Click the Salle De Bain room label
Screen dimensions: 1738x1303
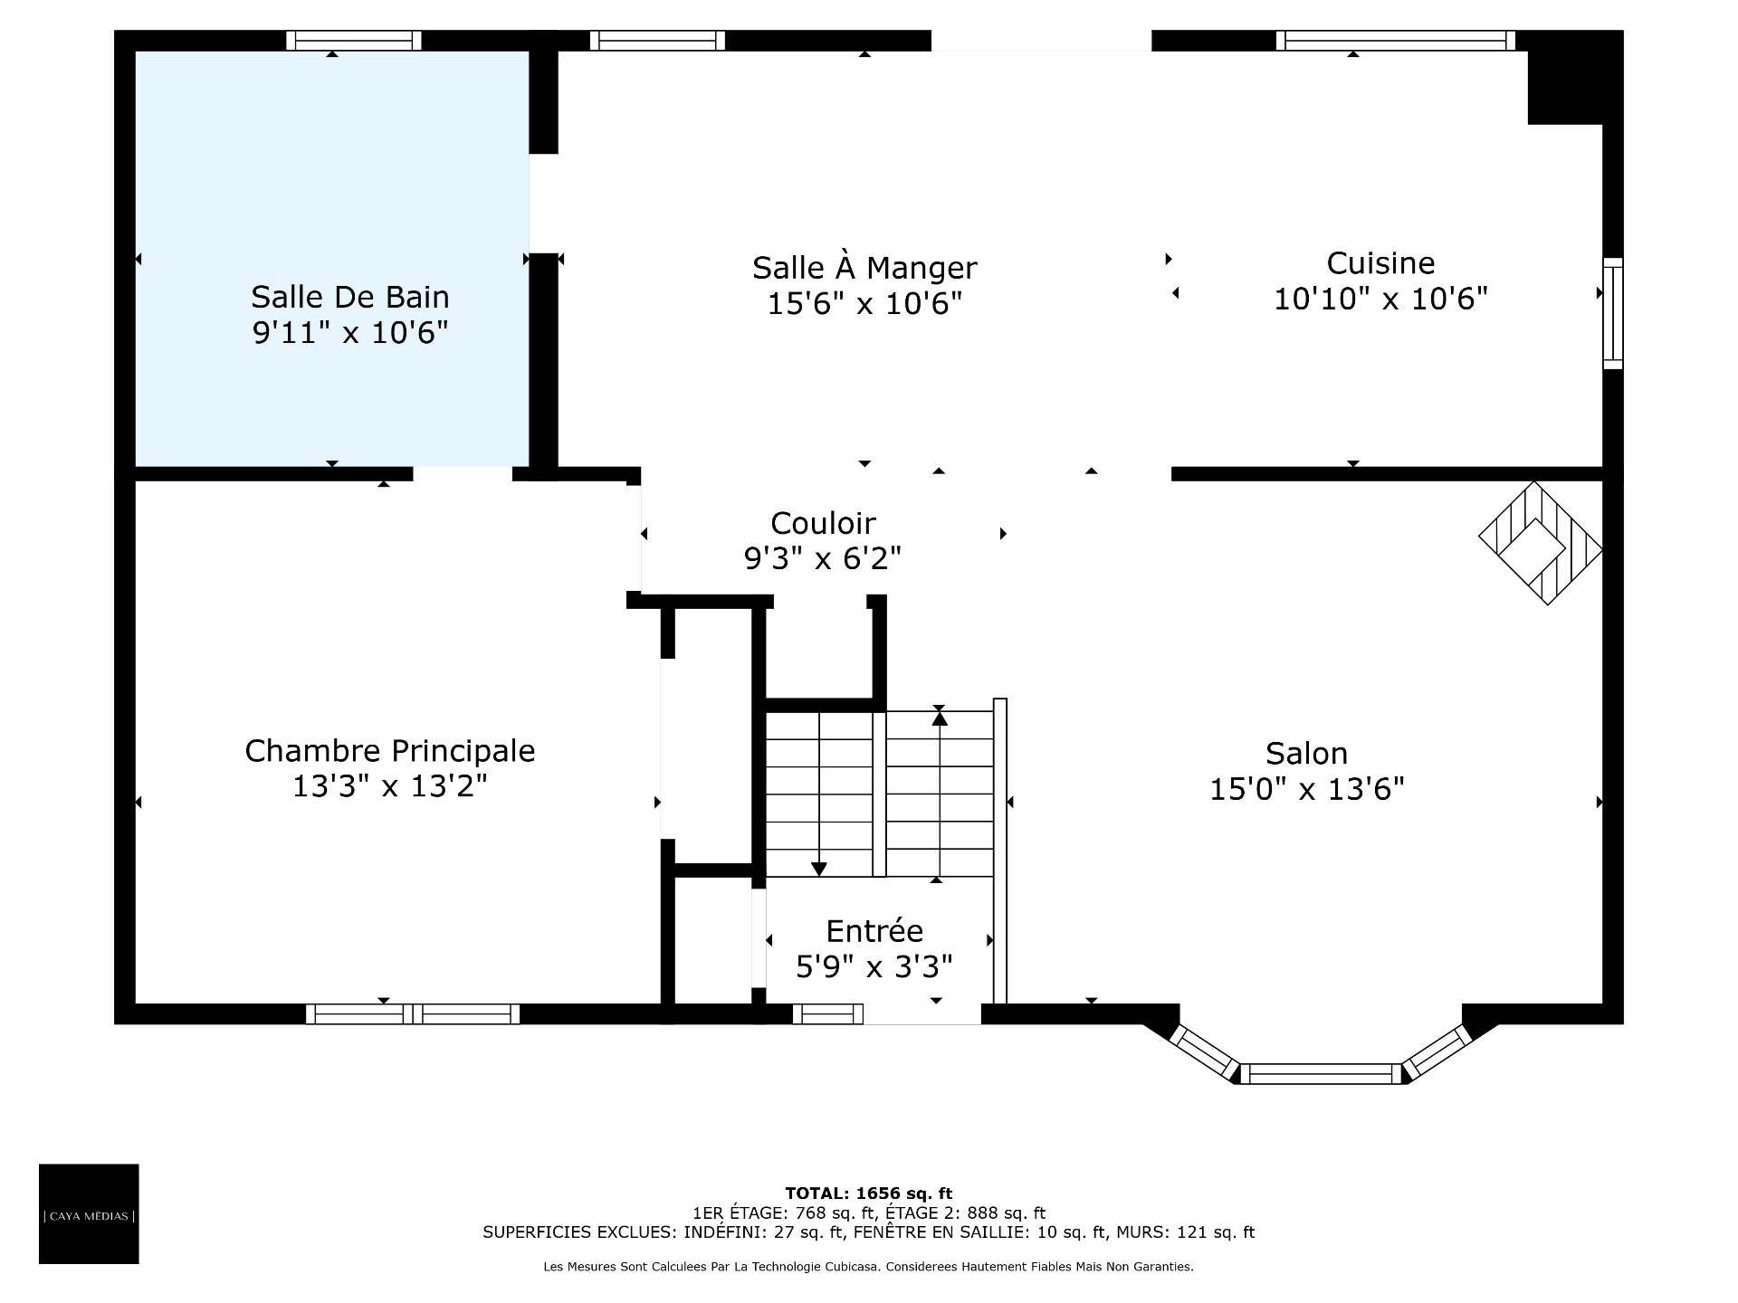[x=350, y=297]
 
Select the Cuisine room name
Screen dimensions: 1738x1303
[x=1380, y=263]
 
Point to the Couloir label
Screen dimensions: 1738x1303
[x=823, y=523]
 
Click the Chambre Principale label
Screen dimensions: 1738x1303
[x=390, y=751]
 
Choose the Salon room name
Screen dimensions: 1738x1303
[x=1306, y=754]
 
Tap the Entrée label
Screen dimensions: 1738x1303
[x=874, y=931]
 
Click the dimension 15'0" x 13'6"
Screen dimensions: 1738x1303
[x=1307, y=790]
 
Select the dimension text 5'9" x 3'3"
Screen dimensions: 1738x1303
[x=874, y=968]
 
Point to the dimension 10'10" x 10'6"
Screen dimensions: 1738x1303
[x=1380, y=299]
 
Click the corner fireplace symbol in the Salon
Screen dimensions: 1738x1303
[x=1541, y=543]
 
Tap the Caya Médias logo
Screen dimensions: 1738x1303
[x=89, y=1213]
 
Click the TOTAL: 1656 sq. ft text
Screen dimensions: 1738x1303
[x=868, y=1194]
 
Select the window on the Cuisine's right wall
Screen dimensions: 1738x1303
[x=1612, y=313]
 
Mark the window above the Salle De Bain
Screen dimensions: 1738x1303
[x=354, y=41]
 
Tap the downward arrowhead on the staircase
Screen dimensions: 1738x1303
[x=818, y=870]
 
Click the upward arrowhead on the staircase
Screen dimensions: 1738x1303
[x=940, y=719]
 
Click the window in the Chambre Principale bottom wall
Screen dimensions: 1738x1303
[x=413, y=1013]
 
